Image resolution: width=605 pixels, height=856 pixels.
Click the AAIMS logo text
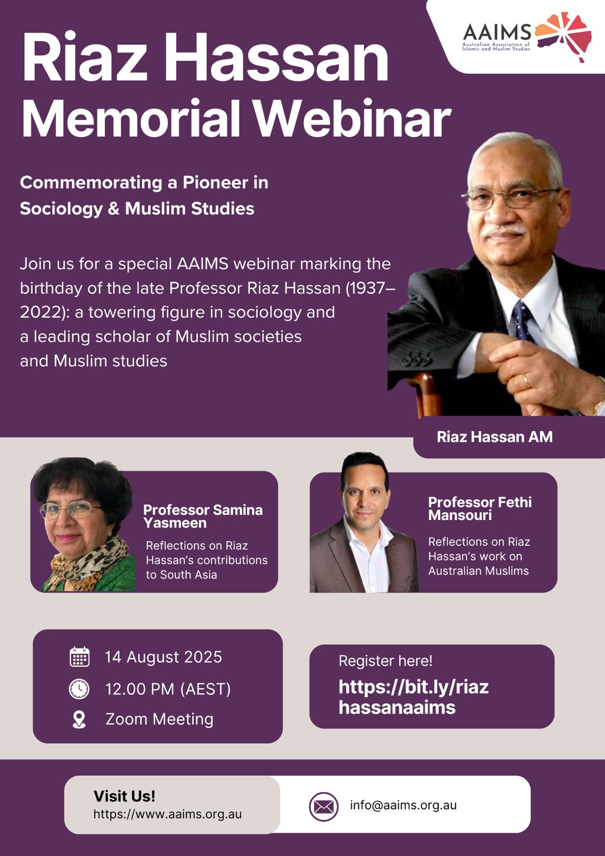pyautogui.click(x=496, y=32)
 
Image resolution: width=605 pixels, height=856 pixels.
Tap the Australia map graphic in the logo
pyautogui.click(x=563, y=36)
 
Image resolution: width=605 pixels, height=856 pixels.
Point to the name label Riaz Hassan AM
pyautogui.click(x=495, y=437)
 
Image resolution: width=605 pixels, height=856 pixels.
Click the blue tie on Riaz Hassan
pyautogui.click(x=523, y=321)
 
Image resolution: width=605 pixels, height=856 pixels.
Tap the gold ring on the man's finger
pyautogui.click(x=526, y=381)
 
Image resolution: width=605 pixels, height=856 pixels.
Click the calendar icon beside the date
pyautogui.click(x=80, y=658)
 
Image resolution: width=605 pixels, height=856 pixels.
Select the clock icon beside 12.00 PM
pyautogui.click(x=79, y=689)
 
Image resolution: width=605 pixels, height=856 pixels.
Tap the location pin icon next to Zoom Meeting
pyautogui.click(x=79, y=720)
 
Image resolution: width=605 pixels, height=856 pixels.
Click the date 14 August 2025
pyautogui.click(x=163, y=658)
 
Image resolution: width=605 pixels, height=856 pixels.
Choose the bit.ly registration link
pyautogui.click(x=413, y=697)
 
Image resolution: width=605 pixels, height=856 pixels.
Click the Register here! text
pyautogui.click(x=385, y=661)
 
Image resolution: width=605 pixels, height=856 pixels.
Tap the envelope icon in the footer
pyautogui.click(x=323, y=807)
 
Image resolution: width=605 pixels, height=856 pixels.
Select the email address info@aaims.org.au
pyautogui.click(x=403, y=805)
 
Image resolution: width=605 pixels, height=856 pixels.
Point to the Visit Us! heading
pyautogui.click(x=125, y=797)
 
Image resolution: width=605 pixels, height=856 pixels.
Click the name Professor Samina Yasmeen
pyautogui.click(x=203, y=516)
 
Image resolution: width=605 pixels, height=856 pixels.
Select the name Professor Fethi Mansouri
pyautogui.click(x=480, y=509)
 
